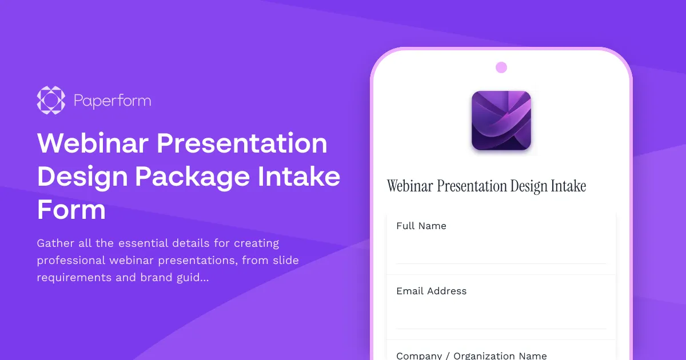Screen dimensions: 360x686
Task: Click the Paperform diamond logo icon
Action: point(51,100)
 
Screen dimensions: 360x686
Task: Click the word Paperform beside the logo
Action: point(113,101)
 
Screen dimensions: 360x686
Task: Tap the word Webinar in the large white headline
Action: point(91,143)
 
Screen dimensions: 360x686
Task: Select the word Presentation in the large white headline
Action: point(242,143)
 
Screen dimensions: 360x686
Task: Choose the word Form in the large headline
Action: point(71,210)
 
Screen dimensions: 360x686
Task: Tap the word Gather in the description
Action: point(55,243)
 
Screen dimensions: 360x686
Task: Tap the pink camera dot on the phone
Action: point(501,67)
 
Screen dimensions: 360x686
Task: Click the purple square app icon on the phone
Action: point(501,121)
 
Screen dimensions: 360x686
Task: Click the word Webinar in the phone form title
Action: point(410,186)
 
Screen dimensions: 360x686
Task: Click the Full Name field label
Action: point(421,226)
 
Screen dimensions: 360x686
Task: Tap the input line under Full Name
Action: point(501,254)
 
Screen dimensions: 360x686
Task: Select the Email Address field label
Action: point(432,291)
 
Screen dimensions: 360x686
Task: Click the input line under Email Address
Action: point(501,319)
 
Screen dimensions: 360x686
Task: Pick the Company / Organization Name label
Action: point(472,355)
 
